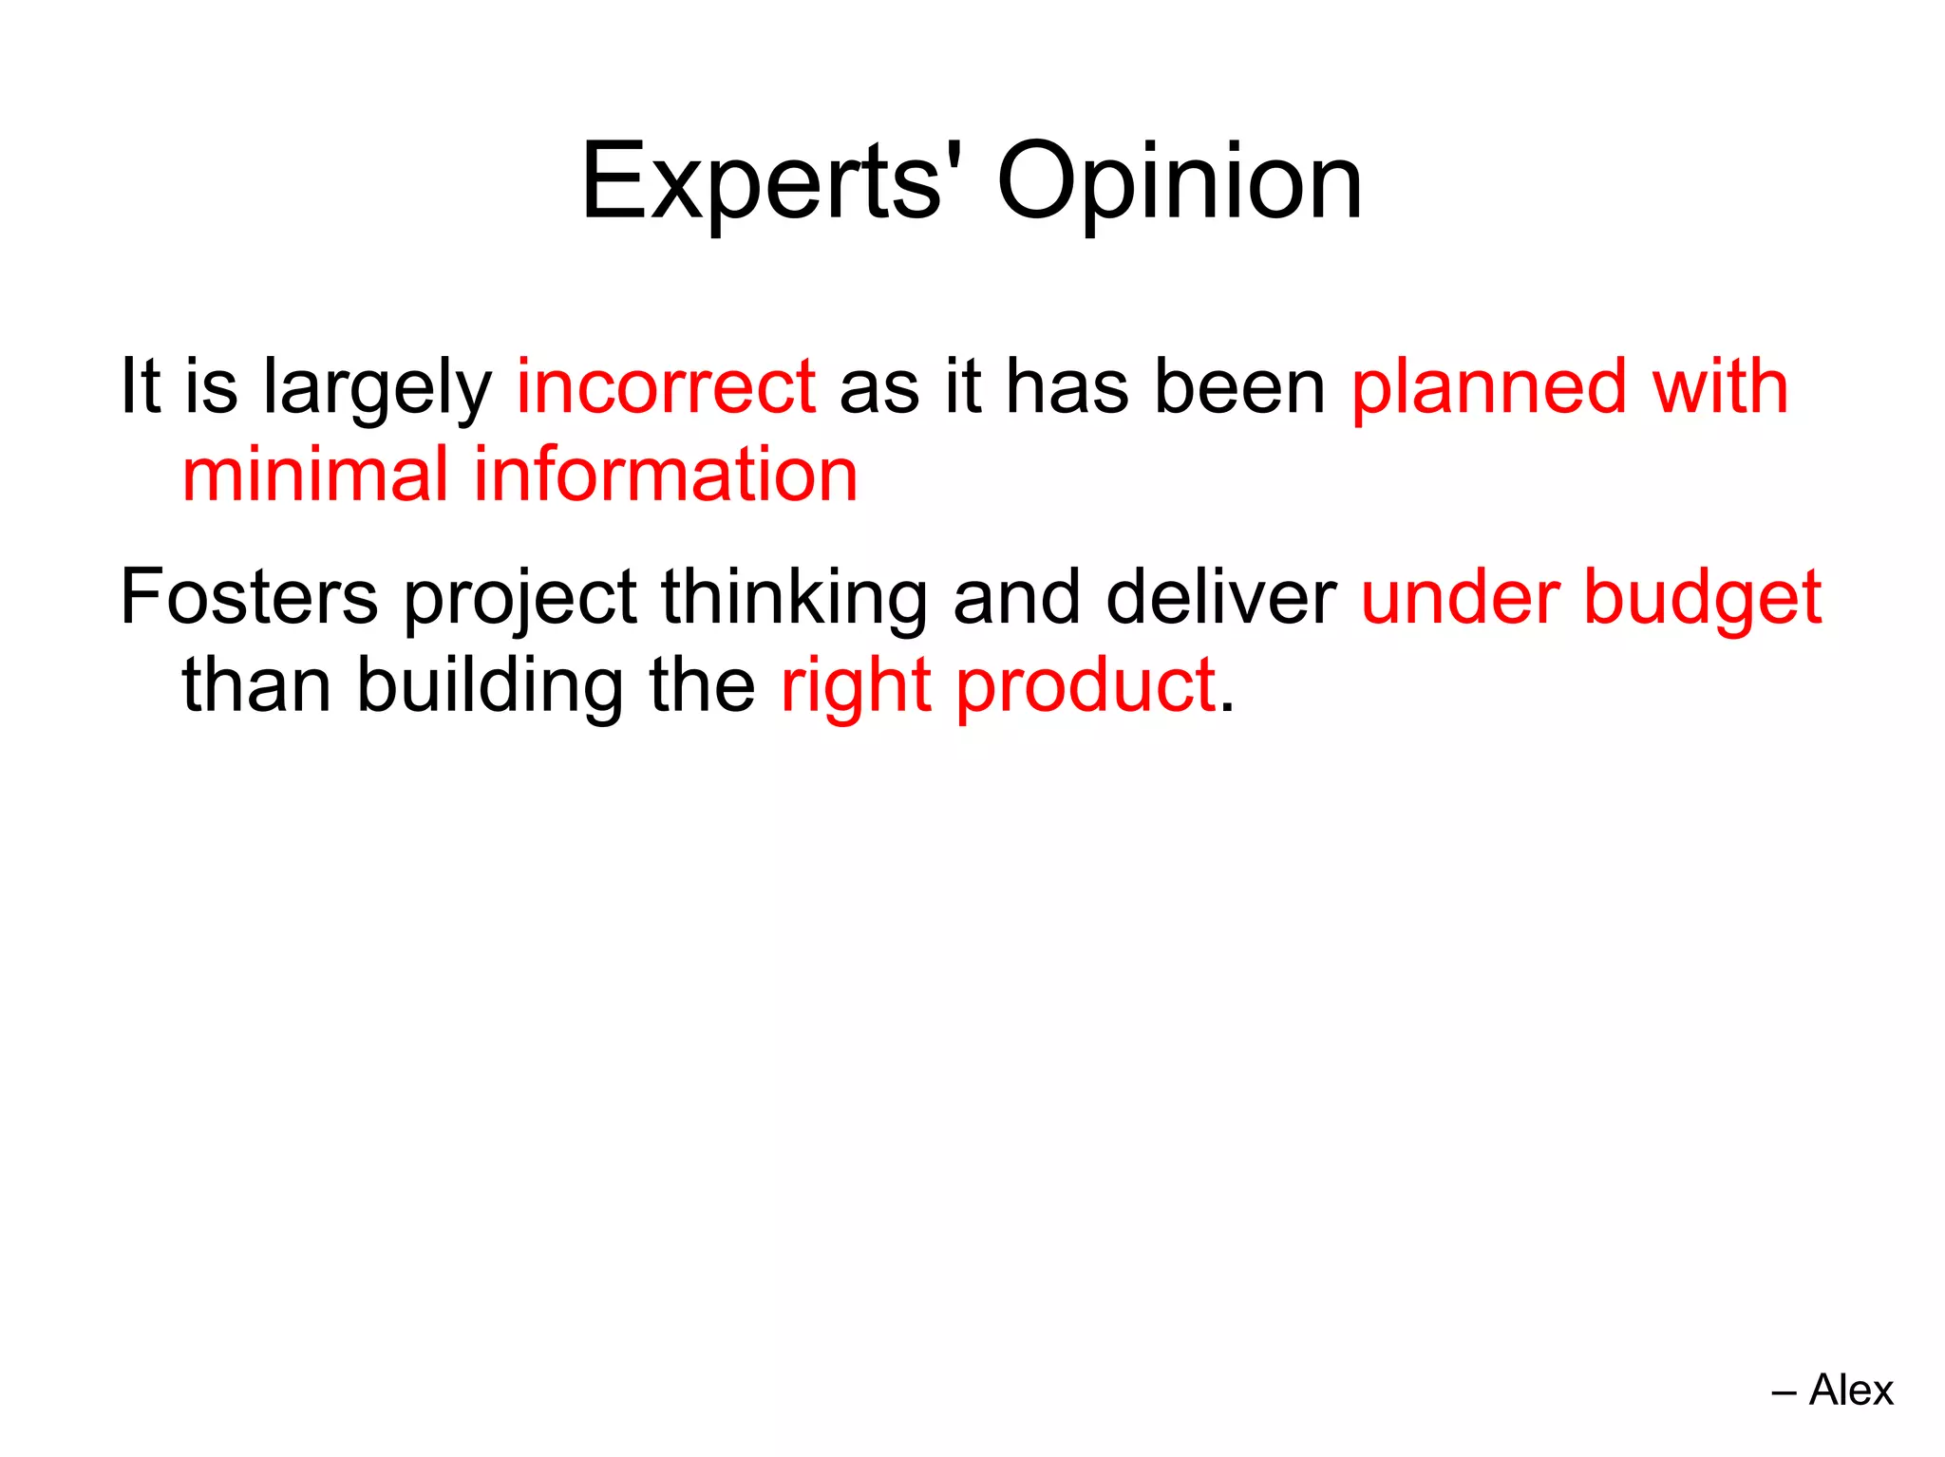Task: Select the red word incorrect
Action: [666, 387]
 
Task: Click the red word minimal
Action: [315, 474]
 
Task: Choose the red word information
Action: [666, 474]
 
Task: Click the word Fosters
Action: [249, 597]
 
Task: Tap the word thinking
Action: [794, 599]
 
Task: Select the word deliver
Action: [1220, 597]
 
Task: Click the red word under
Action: [1459, 597]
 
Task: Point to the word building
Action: [490, 685]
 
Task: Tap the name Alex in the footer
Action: [1851, 1390]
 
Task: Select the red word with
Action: [1720, 387]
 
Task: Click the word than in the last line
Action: [256, 685]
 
